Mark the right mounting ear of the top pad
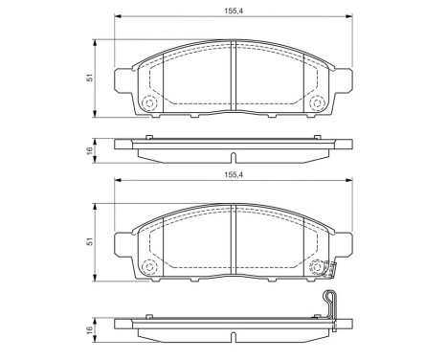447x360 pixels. [x=347, y=83]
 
